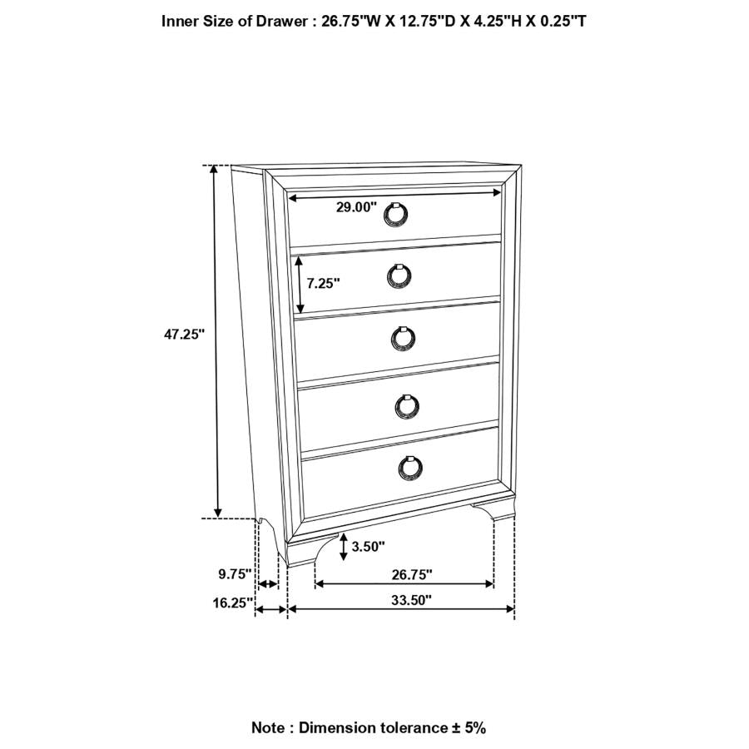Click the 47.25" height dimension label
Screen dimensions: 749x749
click(184, 334)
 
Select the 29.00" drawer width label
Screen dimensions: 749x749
click(356, 208)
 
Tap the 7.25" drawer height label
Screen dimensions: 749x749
click(324, 283)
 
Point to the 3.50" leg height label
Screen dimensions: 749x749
click(369, 547)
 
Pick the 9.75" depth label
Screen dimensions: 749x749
click(235, 573)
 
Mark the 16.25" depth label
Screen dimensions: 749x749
click(232, 604)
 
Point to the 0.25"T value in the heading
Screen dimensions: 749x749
click(559, 22)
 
